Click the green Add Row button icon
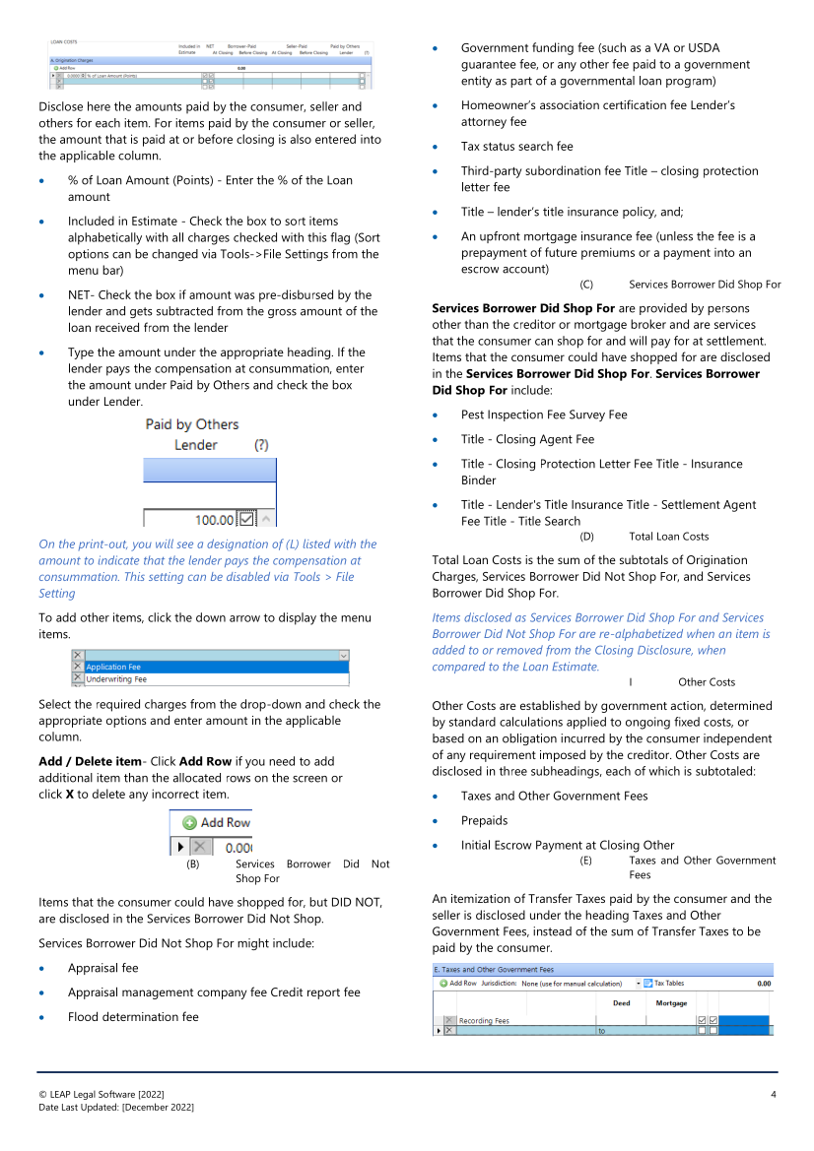[189, 822]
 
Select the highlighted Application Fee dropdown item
[113, 667]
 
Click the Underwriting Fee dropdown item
[116, 679]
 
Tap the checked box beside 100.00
[246, 519]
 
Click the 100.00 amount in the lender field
[215, 520]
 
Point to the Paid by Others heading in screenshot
[192, 424]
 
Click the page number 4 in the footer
[774, 1095]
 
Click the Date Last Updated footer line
[116, 1108]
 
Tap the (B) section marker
[193, 863]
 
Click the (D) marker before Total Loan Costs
[586, 537]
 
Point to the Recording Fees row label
[484, 1020]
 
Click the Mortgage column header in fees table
[671, 1003]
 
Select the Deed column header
[622, 1003]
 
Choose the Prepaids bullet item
[484, 820]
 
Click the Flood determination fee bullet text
[133, 1017]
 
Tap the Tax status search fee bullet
[516, 147]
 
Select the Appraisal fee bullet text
[102, 968]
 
